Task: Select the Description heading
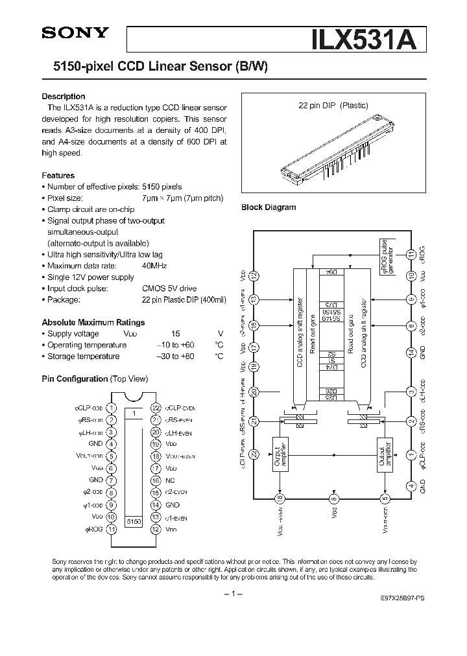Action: coord(64,97)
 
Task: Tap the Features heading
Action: coord(58,176)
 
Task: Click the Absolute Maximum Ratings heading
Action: coord(93,322)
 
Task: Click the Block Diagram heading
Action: coord(269,207)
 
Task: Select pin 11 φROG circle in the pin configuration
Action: coord(112,529)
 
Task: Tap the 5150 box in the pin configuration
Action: coord(134,521)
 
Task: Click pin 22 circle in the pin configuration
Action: coord(155,408)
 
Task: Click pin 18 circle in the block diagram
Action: coord(280,498)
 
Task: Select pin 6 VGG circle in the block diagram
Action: coord(333,498)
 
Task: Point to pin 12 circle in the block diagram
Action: coord(254,275)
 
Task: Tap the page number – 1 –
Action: coord(233,594)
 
